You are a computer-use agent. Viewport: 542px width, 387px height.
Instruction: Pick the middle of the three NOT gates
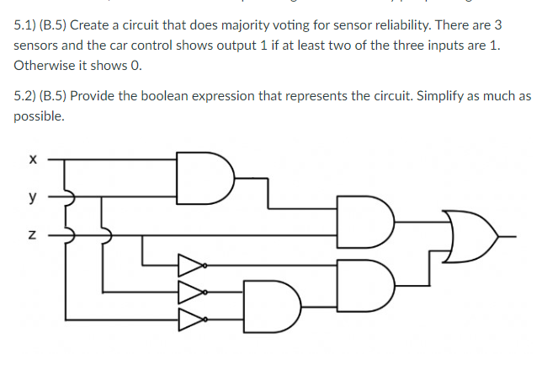(x=189, y=293)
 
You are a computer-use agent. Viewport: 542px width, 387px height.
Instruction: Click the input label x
(x=31, y=157)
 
